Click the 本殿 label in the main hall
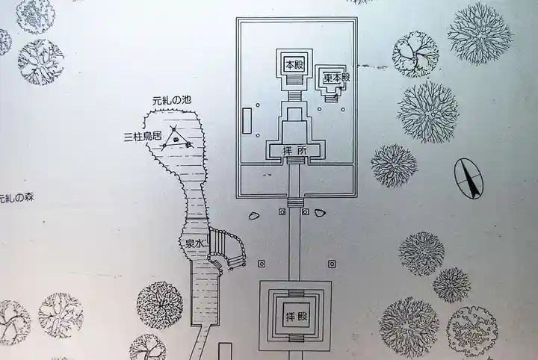click(294, 64)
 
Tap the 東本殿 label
click(336, 78)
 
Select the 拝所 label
click(294, 151)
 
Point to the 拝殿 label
click(296, 317)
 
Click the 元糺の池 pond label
click(172, 101)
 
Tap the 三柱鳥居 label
click(143, 137)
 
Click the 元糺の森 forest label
click(16, 198)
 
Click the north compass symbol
click(469, 179)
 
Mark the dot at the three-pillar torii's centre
click(176, 140)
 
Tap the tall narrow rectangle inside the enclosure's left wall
click(247, 120)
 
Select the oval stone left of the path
click(253, 216)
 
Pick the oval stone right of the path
click(320, 213)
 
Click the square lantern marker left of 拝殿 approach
click(262, 264)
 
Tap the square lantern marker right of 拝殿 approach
click(332, 264)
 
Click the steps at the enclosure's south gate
click(295, 202)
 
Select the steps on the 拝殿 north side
click(296, 293)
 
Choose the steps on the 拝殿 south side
click(296, 338)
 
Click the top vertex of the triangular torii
click(174, 128)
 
